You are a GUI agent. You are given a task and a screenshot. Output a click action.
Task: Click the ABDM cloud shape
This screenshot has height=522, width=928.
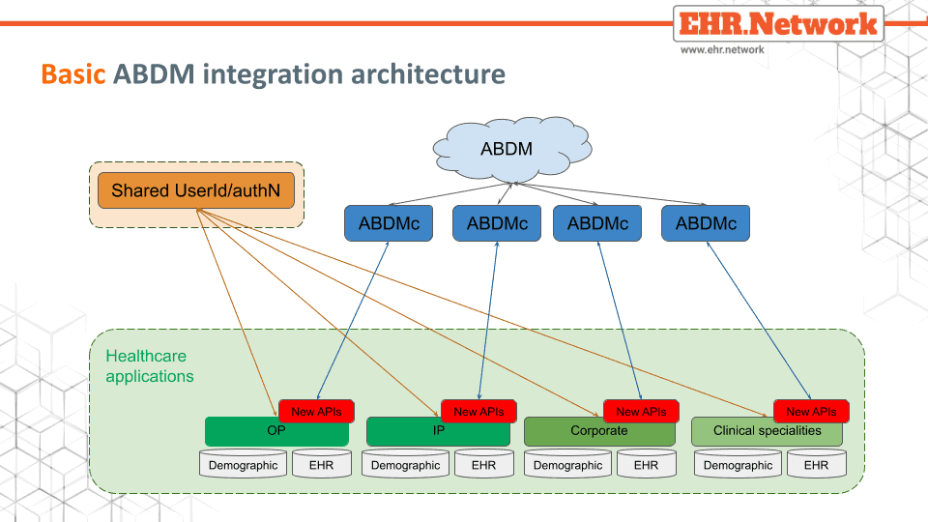(512, 149)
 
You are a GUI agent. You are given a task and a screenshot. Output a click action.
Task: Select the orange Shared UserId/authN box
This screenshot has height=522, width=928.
(196, 190)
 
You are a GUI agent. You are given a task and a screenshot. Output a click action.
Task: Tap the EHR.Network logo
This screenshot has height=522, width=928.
(778, 23)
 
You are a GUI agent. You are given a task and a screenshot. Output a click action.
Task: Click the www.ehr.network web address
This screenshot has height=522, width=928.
(722, 49)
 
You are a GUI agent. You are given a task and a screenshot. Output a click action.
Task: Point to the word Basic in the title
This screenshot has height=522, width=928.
(73, 74)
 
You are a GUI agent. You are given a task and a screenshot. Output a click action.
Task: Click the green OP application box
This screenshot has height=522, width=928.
(276, 432)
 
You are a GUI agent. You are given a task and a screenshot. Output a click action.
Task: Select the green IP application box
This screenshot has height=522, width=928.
(438, 432)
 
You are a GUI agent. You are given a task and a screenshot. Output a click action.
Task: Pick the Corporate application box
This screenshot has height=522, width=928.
(599, 432)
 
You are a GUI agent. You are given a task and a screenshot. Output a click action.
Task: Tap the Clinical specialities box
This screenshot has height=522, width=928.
(767, 432)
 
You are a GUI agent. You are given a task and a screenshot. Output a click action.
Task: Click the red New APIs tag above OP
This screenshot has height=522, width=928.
(317, 412)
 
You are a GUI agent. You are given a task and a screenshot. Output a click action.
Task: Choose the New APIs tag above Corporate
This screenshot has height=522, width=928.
(641, 412)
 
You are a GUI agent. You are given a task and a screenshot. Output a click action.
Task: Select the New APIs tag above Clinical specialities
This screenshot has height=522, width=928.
(811, 412)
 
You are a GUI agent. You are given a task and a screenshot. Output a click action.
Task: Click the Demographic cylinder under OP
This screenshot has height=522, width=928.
(244, 463)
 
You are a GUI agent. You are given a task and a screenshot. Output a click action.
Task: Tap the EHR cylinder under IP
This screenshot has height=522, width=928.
(484, 463)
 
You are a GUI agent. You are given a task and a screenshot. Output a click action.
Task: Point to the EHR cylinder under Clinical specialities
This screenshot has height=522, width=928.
(817, 463)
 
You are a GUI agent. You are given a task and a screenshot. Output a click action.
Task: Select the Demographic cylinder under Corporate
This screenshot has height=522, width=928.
(567, 463)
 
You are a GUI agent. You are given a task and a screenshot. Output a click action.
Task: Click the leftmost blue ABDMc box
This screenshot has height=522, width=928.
(389, 223)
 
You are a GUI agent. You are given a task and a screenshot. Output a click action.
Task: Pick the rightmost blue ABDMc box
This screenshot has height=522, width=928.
(706, 223)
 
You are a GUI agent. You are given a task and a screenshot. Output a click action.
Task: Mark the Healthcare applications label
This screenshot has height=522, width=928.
(150, 366)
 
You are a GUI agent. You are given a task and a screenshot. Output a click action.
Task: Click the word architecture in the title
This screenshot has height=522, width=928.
(428, 74)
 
